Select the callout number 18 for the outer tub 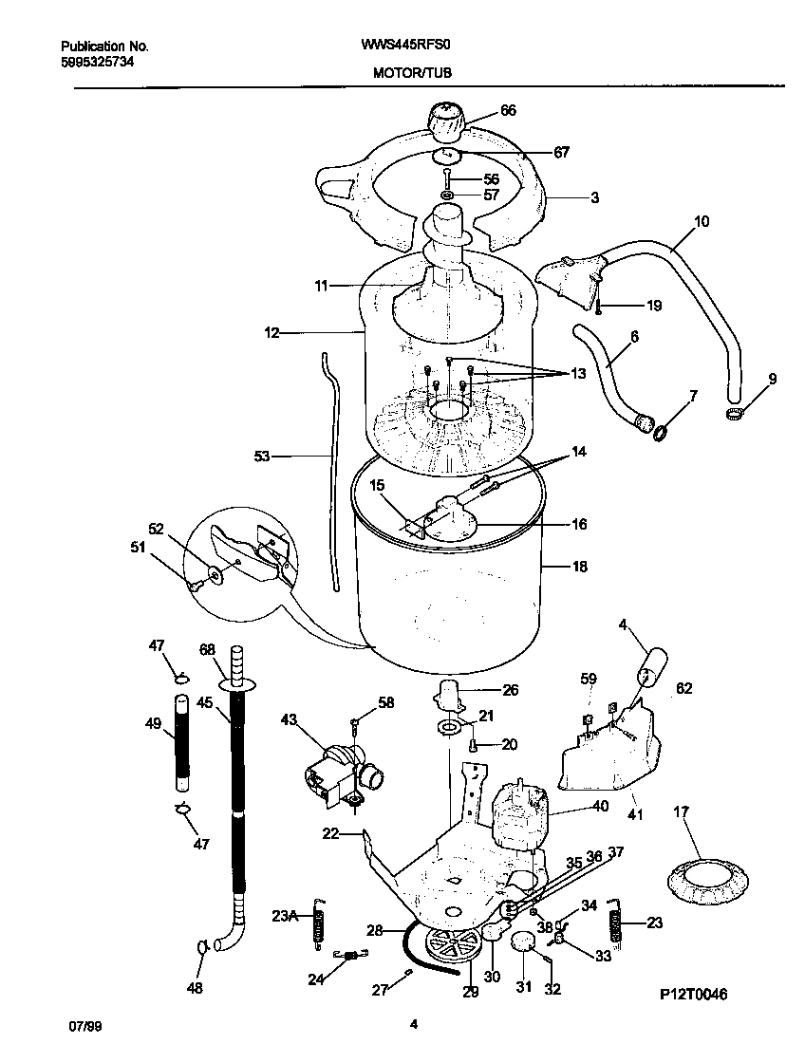[579, 567]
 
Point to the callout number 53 [262, 457]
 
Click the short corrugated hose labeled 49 [181, 743]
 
